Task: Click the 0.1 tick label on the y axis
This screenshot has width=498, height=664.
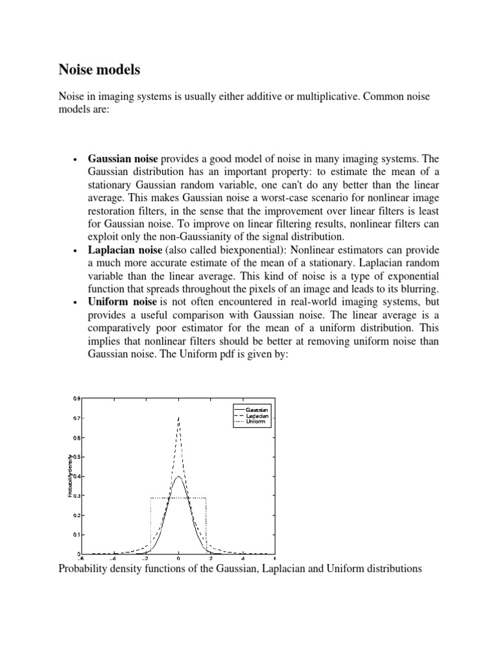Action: coord(77,534)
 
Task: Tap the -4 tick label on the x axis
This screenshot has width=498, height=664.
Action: coord(113,558)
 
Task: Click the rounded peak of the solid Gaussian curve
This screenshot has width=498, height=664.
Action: coord(178,477)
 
